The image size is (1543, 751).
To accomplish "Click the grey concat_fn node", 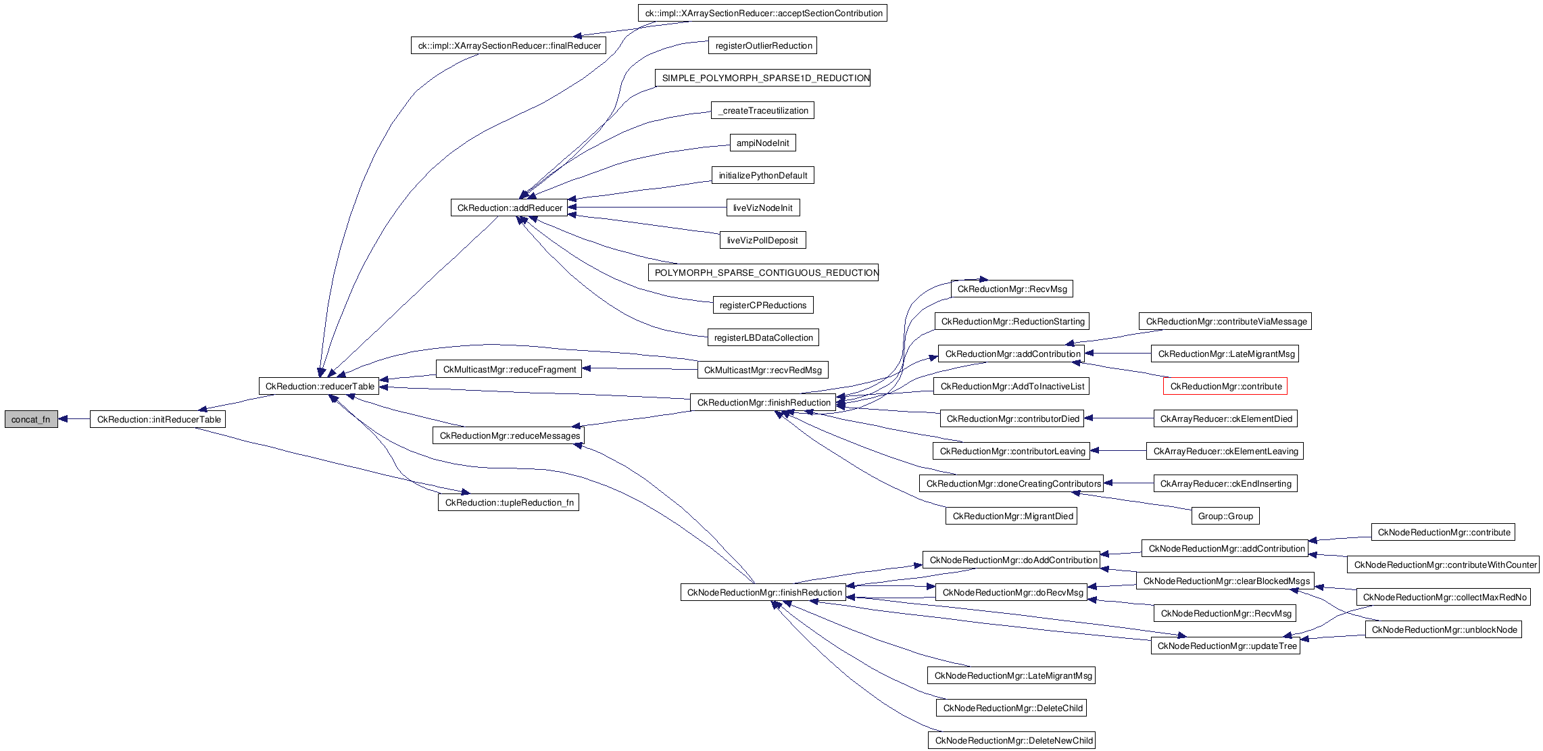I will click(x=31, y=419).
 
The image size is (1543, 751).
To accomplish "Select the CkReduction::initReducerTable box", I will click(x=158, y=419).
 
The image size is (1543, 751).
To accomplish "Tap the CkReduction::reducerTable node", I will click(x=319, y=387).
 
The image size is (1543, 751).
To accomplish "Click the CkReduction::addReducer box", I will click(x=510, y=208).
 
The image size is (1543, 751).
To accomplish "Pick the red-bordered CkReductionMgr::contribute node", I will click(x=1225, y=387).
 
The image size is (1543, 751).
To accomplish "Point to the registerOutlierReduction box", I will click(x=763, y=46).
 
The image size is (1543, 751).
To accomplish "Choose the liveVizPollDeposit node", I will click(x=762, y=241).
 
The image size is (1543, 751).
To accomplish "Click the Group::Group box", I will click(x=1225, y=516).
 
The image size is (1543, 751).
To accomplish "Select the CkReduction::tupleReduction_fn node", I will click(x=508, y=503).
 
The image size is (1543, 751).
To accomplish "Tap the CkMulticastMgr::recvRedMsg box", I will click(x=762, y=370).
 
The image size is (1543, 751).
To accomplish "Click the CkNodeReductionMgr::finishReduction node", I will click(x=764, y=593).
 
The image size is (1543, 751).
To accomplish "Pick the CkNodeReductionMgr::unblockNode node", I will click(x=1444, y=630).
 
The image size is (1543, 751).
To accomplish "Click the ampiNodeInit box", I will click(x=762, y=143).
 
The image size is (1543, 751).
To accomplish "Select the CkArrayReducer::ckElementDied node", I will click(x=1225, y=419).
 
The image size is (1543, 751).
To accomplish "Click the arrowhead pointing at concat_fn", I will click(x=63, y=419).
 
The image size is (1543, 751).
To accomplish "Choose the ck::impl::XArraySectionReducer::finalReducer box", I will click(x=508, y=46).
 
